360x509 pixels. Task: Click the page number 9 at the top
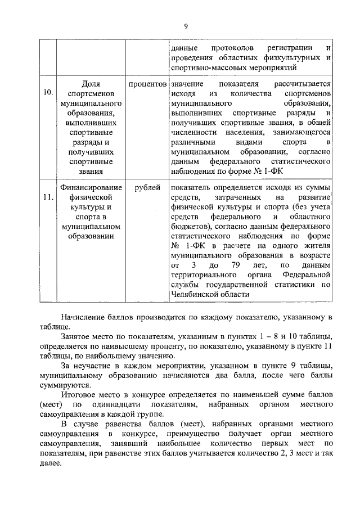pos(185,25)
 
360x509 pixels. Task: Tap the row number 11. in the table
pos(48,197)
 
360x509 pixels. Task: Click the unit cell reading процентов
pos(147,83)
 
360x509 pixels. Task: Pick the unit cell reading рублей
pos(147,187)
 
